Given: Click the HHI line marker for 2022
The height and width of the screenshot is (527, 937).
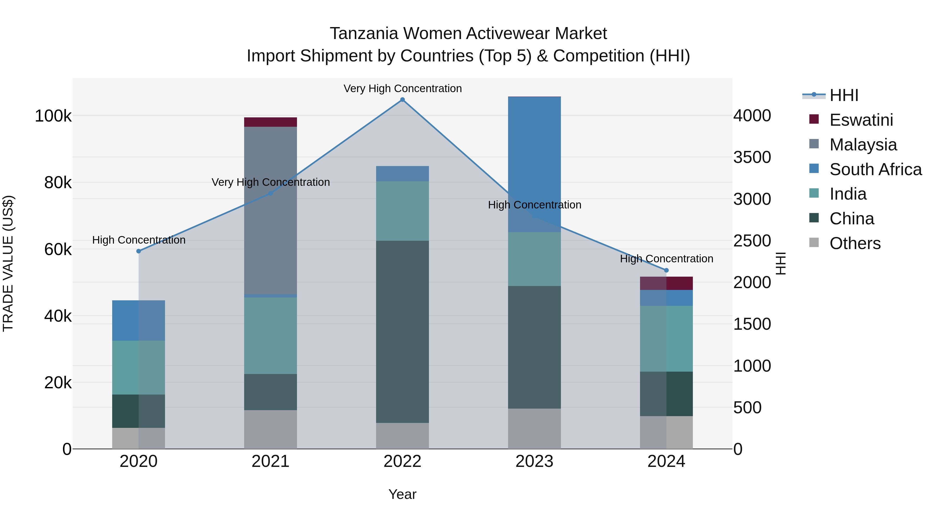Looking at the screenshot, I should (402, 100).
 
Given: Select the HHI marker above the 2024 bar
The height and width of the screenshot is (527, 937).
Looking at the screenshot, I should (666, 270).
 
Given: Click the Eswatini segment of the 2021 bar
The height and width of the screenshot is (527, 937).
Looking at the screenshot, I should (270, 122).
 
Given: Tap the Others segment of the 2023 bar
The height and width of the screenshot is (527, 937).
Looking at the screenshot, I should (534, 428).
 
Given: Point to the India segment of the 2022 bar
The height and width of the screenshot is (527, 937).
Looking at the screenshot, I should (402, 211).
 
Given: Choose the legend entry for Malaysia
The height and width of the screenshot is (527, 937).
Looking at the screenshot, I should (863, 144).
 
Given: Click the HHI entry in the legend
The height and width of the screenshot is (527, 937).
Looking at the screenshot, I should (844, 95).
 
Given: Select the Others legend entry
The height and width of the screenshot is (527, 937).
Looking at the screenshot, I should (855, 243).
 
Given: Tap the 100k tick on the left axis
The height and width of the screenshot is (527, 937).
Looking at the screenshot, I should (53, 116).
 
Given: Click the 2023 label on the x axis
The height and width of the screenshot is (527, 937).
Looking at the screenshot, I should (534, 461).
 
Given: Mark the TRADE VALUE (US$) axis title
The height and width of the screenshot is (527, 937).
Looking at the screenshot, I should (8, 263).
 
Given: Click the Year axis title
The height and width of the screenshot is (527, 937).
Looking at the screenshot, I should (402, 494).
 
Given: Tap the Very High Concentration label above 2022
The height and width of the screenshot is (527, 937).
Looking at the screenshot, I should (402, 88).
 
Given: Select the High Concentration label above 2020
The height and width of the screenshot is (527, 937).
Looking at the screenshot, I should (138, 240).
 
